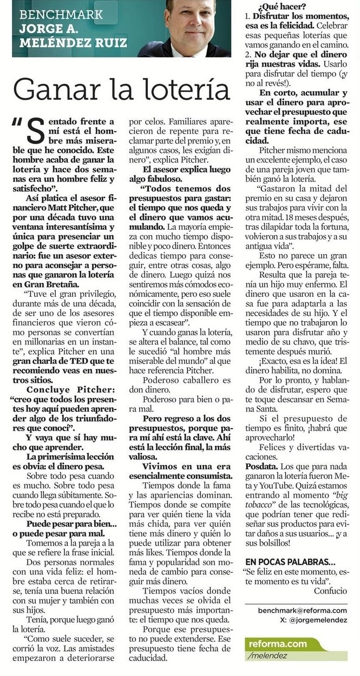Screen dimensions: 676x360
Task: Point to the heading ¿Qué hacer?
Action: tap(281, 7)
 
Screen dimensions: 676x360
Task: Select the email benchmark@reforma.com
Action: tap(303, 610)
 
